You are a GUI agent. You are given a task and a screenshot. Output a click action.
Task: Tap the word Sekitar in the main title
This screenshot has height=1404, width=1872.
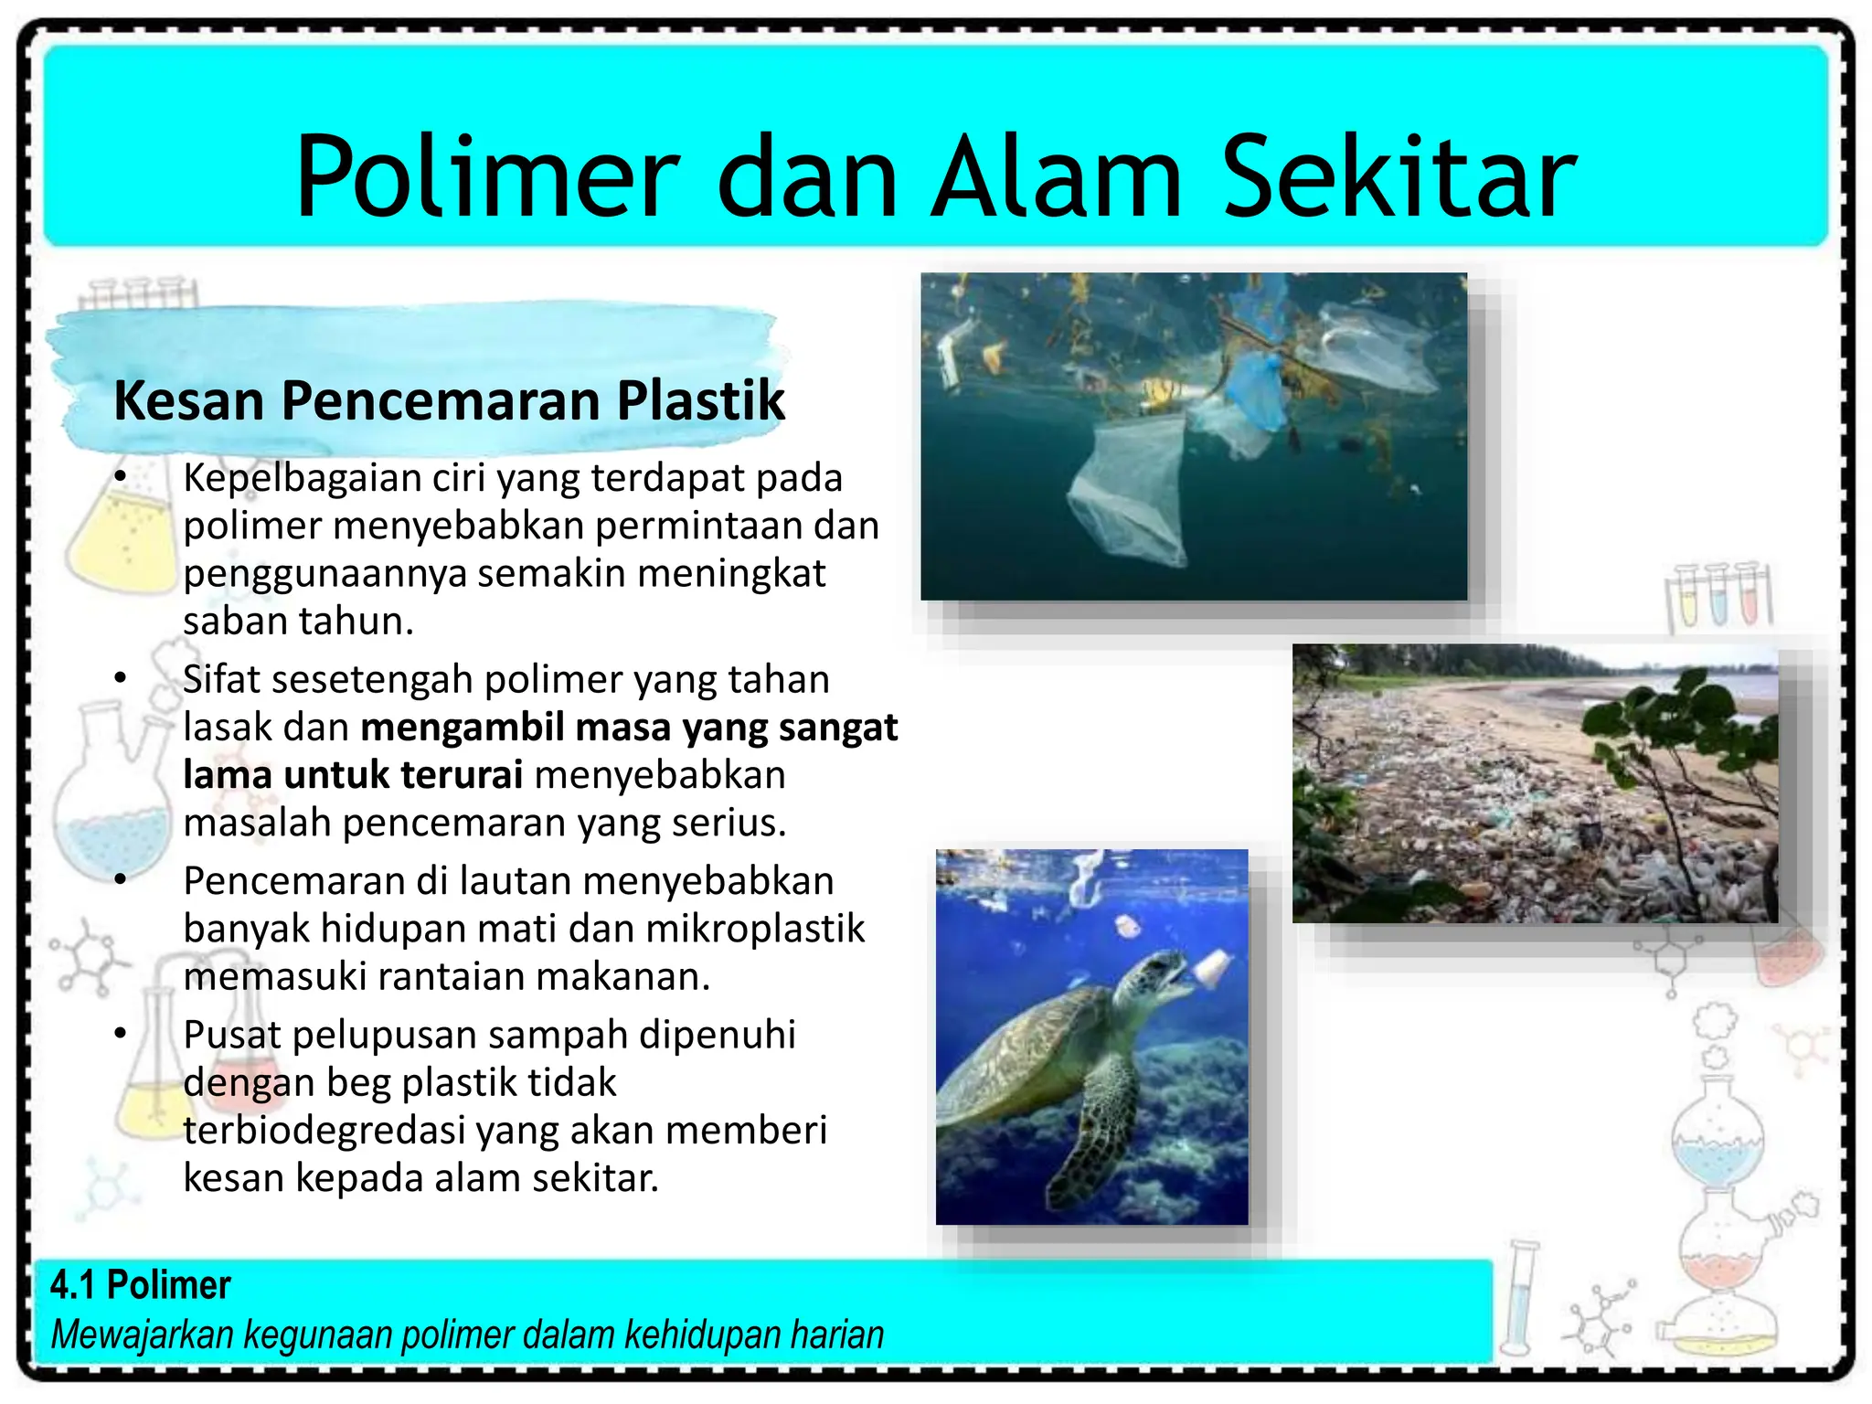point(1399,177)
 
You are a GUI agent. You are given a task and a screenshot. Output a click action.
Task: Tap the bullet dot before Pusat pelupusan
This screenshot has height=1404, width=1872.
point(120,1034)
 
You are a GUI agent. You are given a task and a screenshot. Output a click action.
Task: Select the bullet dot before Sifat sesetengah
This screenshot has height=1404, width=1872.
point(120,677)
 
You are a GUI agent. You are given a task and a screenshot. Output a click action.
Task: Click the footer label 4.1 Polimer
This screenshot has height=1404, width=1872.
point(140,1285)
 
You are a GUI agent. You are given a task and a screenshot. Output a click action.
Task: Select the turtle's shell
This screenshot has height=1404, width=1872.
point(1015,1051)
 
